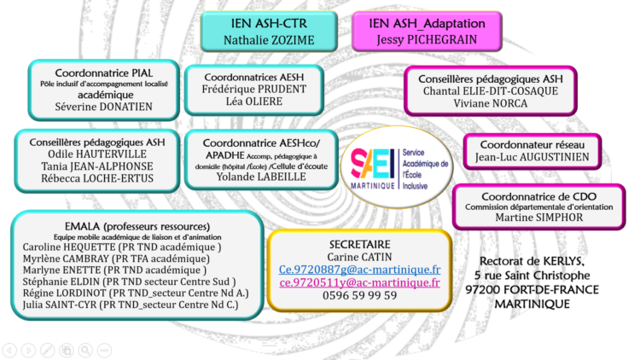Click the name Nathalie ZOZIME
[x=269, y=40]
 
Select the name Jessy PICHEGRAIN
[x=427, y=39]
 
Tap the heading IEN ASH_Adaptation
[x=427, y=23]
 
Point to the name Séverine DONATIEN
[x=103, y=107]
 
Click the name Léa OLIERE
[x=254, y=102]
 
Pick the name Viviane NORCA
[x=490, y=103]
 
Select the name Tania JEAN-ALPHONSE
[x=97, y=166]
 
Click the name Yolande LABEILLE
[x=261, y=177]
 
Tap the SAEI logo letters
[x=372, y=164]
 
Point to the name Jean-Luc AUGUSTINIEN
[x=532, y=157]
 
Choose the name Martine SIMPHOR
[x=539, y=218]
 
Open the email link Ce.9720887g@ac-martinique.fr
[x=359, y=270]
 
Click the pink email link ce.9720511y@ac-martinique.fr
[x=359, y=282]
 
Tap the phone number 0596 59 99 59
[x=359, y=295]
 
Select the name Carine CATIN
[x=359, y=257]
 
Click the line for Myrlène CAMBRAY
[x=116, y=258]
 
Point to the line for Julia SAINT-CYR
[x=131, y=305]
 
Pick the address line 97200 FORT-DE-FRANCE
[x=532, y=290]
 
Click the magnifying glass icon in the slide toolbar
[x=85, y=351]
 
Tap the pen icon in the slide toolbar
[x=47, y=351]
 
